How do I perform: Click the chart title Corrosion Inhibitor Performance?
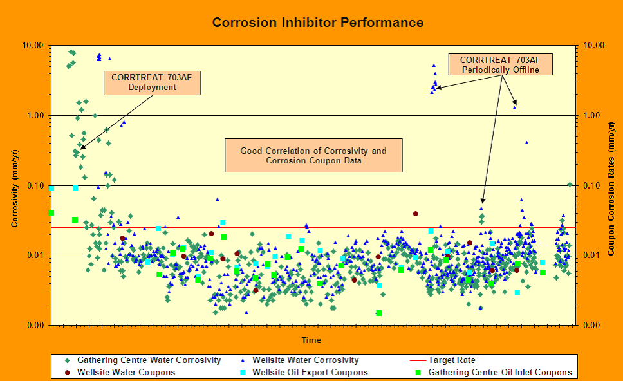click(x=318, y=23)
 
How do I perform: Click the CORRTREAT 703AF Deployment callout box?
click(x=152, y=82)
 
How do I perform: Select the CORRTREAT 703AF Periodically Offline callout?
click(x=505, y=65)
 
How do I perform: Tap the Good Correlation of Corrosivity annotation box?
click(x=313, y=156)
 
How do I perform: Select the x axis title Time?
click(x=311, y=340)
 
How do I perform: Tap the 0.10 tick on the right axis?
click(x=594, y=186)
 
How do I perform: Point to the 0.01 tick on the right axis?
click(x=594, y=256)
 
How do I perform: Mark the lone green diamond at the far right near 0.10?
click(x=570, y=184)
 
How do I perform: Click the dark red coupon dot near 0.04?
click(x=415, y=214)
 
